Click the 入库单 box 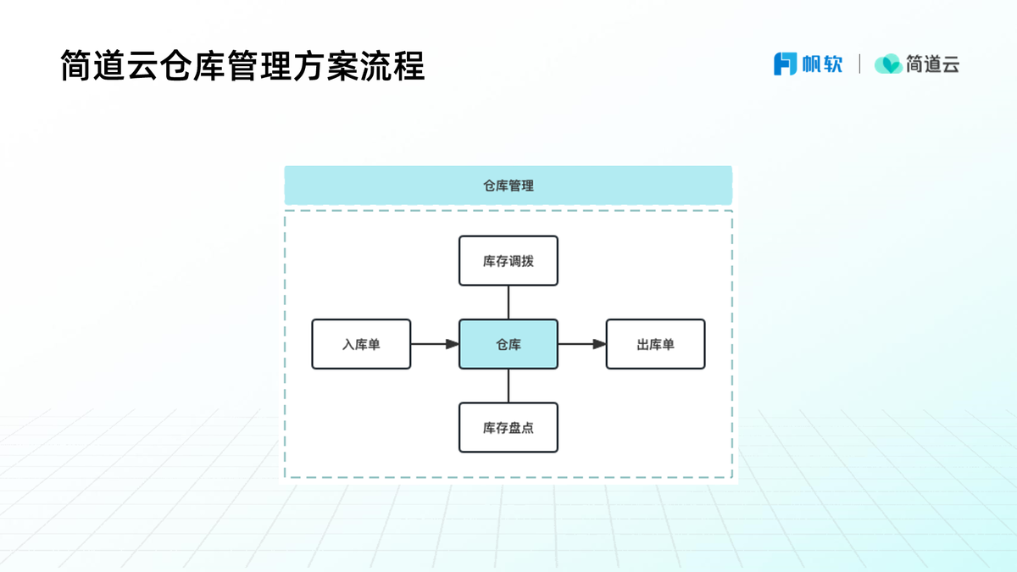point(361,344)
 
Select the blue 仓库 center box point(508,344)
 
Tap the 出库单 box point(655,344)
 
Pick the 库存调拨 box point(508,261)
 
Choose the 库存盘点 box point(508,427)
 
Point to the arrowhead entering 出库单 point(598,344)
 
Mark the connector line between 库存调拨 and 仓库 point(508,303)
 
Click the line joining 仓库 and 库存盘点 point(508,386)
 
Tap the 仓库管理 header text point(508,186)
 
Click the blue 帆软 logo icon point(786,64)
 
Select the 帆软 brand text point(822,64)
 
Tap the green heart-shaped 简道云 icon point(888,64)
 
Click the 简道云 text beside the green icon point(932,64)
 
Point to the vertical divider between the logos point(859,64)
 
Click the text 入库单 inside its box point(361,345)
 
